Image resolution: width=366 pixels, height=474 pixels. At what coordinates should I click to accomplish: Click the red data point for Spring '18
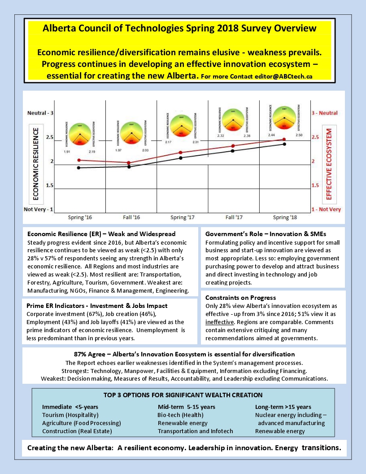coord(284,140)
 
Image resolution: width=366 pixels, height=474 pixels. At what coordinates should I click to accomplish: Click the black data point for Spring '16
coord(79,168)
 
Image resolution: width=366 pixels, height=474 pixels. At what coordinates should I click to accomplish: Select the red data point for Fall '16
coord(129,163)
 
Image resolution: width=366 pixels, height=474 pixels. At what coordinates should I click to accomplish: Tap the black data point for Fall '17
coord(232,151)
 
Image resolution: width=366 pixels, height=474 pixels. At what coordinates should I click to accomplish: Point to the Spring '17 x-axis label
coord(182,218)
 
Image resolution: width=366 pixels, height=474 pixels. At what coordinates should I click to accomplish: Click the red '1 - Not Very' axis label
coord(326,210)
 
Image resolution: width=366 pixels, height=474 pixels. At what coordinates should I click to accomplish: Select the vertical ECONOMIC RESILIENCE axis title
coord(36,163)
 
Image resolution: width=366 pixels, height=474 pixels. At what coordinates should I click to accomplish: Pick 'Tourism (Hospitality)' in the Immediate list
coord(70,415)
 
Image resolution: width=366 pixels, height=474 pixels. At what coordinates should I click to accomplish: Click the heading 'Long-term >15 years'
coord(283,407)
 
